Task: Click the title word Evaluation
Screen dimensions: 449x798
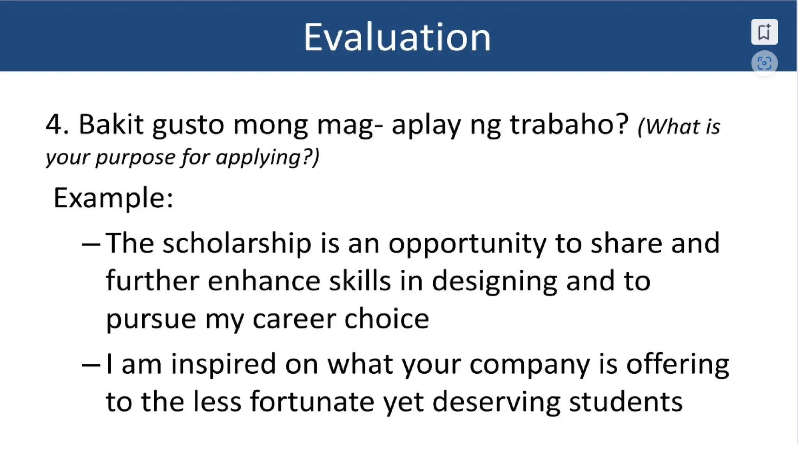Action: pyautogui.click(x=397, y=37)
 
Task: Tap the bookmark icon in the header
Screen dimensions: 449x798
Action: pyautogui.click(x=764, y=32)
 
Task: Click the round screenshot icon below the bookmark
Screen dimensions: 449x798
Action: pyautogui.click(x=764, y=63)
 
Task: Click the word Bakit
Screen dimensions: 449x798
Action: pyautogui.click(x=111, y=125)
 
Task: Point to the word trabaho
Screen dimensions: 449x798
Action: pyautogui.click(x=569, y=125)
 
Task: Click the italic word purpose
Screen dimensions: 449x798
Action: pyautogui.click(x=136, y=158)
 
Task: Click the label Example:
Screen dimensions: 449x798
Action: pyautogui.click(x=113, y=198)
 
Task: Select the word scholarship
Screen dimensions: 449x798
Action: pyautogui.click(x=237, y=244)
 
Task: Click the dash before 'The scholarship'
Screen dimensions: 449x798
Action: pyautogui.click(x=91, y=245)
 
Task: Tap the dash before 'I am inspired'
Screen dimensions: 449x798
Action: pyautogui.click(x=91, y=365)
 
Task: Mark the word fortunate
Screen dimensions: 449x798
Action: pyautogui.click(x=312, y=402)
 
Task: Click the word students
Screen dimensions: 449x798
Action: pyautogui.click(x=625, y=402)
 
